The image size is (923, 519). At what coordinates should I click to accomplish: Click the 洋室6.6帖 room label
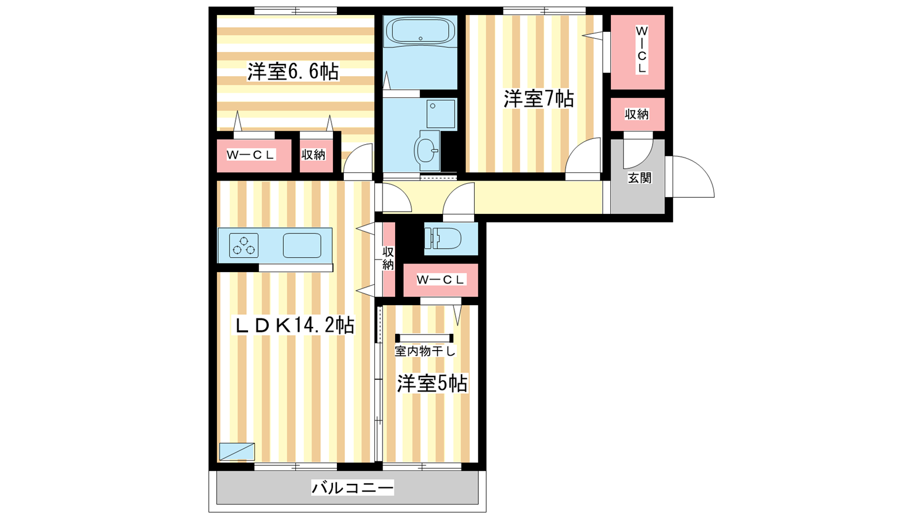(293, 72)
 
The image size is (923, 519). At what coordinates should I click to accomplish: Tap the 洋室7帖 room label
(539, 99)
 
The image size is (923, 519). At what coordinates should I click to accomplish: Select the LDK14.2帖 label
(294, 325)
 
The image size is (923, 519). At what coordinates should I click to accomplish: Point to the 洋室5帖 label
(432, 383)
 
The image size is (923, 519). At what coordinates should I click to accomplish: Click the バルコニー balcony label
(352, 488)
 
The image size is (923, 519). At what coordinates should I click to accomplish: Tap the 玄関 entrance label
(640, 178)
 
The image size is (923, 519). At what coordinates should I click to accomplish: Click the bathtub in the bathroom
(420, 31)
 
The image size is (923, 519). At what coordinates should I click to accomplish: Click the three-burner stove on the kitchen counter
(243, 246)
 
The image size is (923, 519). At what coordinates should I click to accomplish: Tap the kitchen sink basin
(302, 246)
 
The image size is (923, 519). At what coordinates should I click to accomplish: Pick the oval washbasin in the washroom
(427, 151)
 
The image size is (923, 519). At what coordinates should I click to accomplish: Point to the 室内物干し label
(425, 351)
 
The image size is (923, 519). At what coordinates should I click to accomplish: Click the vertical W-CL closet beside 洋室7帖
(637, 52)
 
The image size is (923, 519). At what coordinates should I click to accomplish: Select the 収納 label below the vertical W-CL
(637, 114)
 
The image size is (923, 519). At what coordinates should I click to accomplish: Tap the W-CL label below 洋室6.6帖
(251, 155)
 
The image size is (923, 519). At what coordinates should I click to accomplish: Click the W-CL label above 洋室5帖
(441, 280)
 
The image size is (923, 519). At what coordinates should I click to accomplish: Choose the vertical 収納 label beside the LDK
(388, 258)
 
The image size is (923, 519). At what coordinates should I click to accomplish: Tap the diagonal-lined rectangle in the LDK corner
(237, 452)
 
